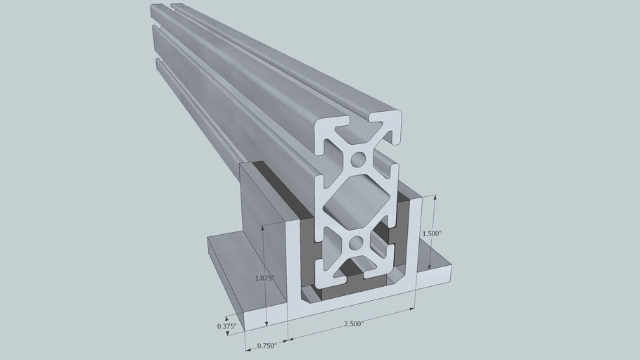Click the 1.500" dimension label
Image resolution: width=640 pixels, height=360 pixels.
tap(431, 233)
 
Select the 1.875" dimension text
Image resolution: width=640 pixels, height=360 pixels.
tap(265, 278)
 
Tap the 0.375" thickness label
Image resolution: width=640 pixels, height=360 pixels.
tap(226, 326)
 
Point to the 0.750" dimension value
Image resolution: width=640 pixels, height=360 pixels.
tap(265, 345)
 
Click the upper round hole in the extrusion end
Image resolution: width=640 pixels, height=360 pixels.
tap(358, 159)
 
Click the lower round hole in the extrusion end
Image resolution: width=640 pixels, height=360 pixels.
tap(356, 243)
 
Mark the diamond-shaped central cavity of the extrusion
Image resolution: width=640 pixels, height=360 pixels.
tap(357, 201)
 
